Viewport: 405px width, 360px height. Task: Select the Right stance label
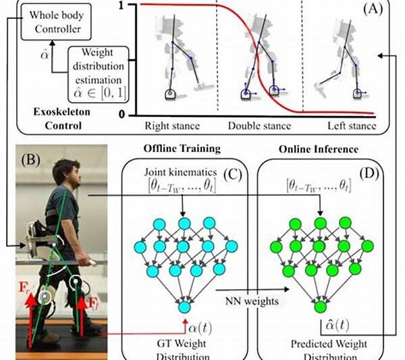tap(171, 126)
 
